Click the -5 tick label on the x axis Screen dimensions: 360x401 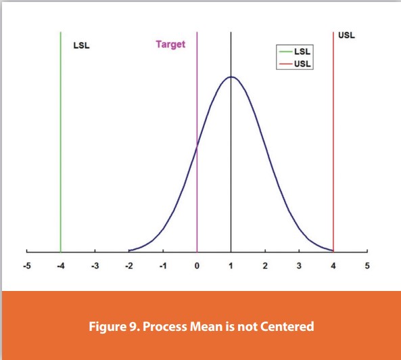(x=26, y=265)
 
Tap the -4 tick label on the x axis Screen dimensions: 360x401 (x=60, y=265)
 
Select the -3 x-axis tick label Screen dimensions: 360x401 (x=95, y=265)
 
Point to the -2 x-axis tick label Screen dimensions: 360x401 (x=128, y=265)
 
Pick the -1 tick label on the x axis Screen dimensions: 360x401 (x=163, y=265)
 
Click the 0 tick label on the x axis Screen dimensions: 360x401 (x=197, y=265)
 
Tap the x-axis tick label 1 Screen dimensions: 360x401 (x=231, y=265)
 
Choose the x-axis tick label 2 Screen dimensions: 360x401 (x=265, y=265)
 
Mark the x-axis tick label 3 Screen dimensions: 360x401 (x=299, y=265)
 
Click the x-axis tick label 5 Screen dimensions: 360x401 (x=367, y=265)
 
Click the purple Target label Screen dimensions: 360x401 (x=170, y=45)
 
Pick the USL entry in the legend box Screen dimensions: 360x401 (x=302, y=64)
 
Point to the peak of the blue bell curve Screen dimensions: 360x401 (x=231, y=76)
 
